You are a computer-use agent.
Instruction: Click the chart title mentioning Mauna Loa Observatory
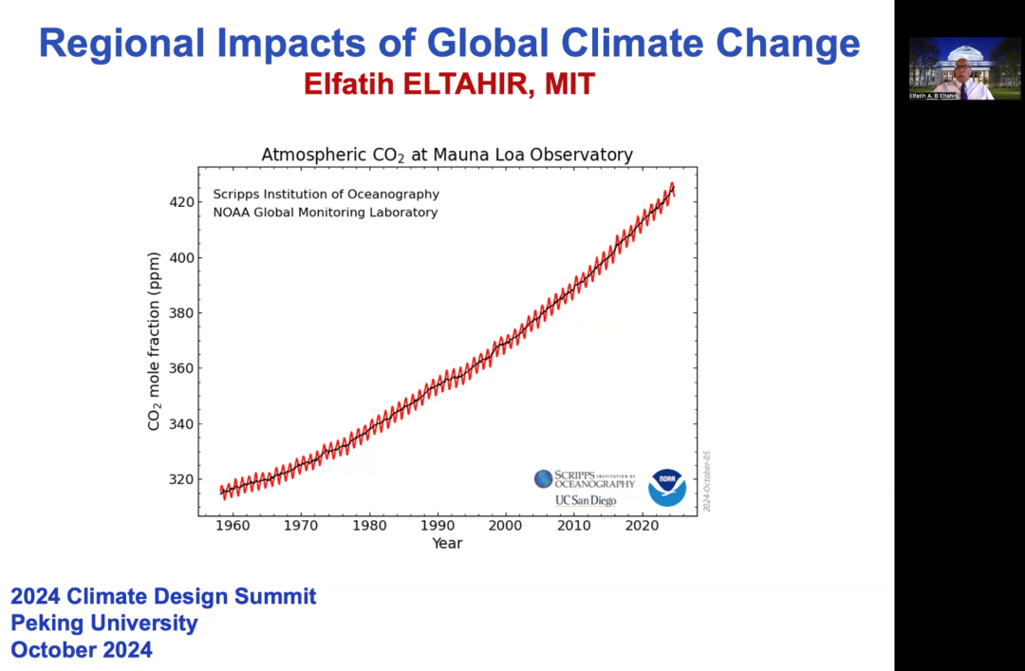(x=447, y=155)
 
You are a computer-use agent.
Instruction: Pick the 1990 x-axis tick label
(x=438, y=525)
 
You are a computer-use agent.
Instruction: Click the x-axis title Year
(x=447, y=543)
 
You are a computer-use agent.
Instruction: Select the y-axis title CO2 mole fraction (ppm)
(x=154, y=341)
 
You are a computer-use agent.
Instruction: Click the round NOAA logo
(x=667, y=487)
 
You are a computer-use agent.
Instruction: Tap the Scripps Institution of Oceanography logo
(x=585, y=479)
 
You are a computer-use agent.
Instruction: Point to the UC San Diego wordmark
(x=586, y=500)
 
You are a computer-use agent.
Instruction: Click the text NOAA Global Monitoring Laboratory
(x=325, y=213)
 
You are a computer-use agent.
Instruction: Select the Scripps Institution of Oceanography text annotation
(x=326, y=195)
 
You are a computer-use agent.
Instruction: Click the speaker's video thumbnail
(x=952, y=68)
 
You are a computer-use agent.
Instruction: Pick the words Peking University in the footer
(x=104, y=624)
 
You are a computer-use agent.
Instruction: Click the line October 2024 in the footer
(x=82, y=650)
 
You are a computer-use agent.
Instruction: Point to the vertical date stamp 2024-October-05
(x=707, y=481)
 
